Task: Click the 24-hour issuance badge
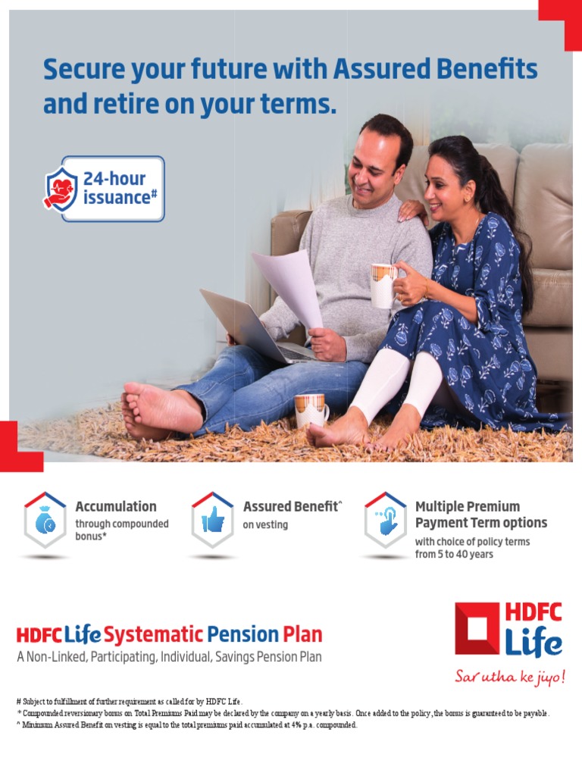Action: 104,189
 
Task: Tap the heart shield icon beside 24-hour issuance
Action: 61,189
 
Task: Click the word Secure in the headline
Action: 80,70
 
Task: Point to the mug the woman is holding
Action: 383,285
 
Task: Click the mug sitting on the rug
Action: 310,410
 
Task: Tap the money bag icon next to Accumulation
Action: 44,520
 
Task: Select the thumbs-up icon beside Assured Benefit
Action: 211,520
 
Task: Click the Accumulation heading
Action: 116,506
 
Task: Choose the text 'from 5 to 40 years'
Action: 454,555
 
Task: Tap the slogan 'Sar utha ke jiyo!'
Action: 509,676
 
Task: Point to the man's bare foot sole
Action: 152,408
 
